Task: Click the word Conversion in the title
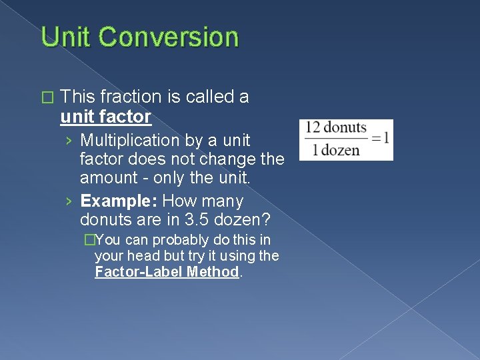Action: click(169, 37)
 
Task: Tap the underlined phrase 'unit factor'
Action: click(105, 117)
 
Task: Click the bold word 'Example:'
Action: click(119, 201)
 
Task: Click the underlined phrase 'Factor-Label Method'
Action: click(167, 271)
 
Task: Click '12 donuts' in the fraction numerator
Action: click(337, 127)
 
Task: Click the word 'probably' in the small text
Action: click(170, 240)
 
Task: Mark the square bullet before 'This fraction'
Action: click(45, 98)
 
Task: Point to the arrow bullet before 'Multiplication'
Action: click(69, 141)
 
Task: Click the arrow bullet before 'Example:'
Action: click(69, 201)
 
